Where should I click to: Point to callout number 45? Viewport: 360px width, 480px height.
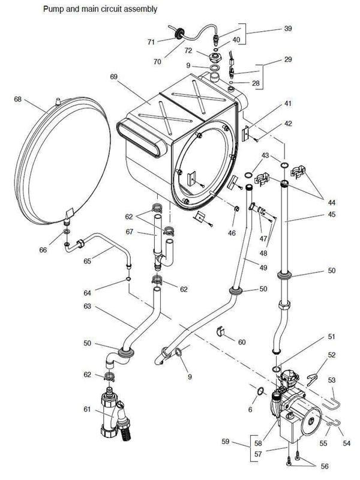tap(331, 214)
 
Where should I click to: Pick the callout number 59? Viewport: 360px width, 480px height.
tap(226, 442)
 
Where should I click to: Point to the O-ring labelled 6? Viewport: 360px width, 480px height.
tap(259, 392)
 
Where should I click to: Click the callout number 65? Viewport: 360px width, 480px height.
tap(88, 262)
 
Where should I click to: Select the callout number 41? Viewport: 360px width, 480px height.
tap(287, 104)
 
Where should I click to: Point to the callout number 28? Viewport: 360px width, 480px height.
tap(257, 84)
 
